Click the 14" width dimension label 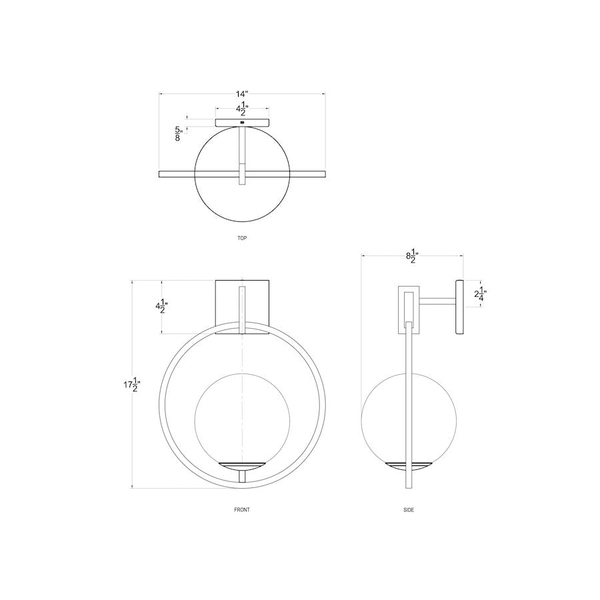coord(242,94)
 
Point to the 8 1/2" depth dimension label coord(413,256)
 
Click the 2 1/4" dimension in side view coord(480,294)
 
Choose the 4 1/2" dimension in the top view coord(242,109)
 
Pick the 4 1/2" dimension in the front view coord(161,306)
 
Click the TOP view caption coord(242,238)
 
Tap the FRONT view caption coord(242,510)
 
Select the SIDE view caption coord(409,510)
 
